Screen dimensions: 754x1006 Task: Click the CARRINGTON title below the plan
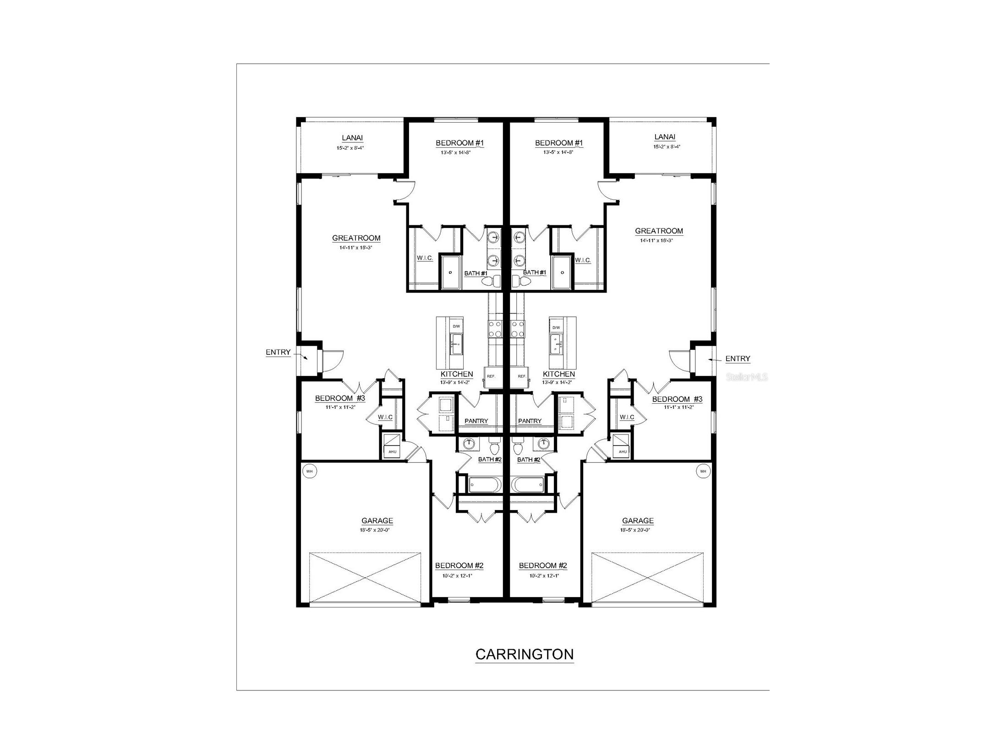(x=524, y=654)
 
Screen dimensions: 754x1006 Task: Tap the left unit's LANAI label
(x=352, y=138)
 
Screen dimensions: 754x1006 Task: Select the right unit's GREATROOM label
(x=659, y=231)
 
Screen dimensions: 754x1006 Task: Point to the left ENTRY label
(x=278, y=352)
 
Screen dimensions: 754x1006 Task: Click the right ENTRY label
(x=738, y=358)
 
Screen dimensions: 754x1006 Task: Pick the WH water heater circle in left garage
(x=310, y=471)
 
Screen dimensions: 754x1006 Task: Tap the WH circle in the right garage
(x=703, y=471)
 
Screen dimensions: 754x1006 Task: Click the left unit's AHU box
(x=392, y=451)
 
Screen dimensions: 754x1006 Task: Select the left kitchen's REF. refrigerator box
(x=491, y=376)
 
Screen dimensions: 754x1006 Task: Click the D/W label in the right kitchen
(x=556, y=327)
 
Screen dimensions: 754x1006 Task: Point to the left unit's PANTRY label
(x=476, y=421)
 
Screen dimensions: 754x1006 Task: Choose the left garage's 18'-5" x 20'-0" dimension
(x=377, y=530)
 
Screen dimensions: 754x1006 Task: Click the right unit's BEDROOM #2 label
(x=543, y=566)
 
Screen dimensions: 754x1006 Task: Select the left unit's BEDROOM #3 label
(x=340, y=399)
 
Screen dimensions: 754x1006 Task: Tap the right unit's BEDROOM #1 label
(x=559, y=143)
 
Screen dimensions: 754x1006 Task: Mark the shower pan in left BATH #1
(x=451, y=272)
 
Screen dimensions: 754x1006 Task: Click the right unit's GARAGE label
(x=638, y=521)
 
